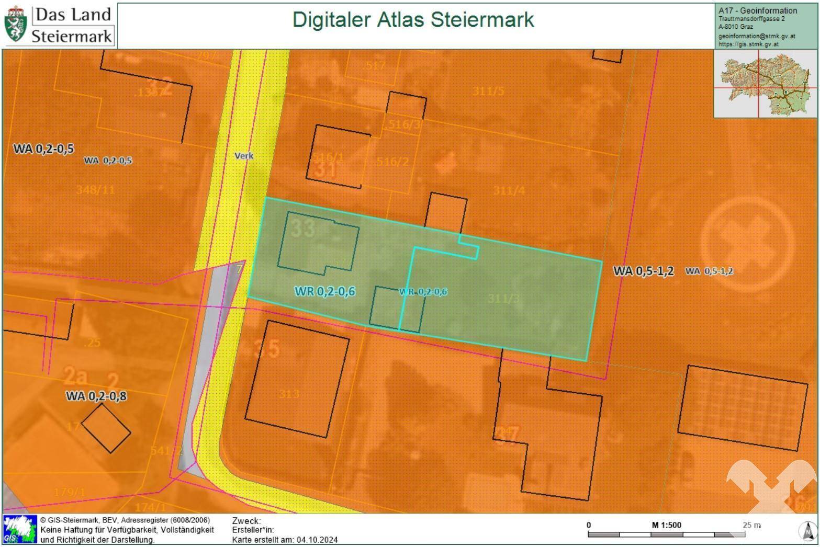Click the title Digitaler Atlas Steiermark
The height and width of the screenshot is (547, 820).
pos(413,20)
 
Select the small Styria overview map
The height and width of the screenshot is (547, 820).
pos(765,84)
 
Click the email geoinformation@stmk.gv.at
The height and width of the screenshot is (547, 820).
pos(756,36)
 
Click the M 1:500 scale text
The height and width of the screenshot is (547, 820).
pos(666,525)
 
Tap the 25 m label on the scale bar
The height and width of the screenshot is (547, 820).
pos(751,525)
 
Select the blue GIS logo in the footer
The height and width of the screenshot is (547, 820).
pos(20,529)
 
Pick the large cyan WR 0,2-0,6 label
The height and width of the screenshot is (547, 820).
pos(325,291)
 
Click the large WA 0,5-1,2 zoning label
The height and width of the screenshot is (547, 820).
pos(643,271)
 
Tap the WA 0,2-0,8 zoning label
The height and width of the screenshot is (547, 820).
pos(96,396)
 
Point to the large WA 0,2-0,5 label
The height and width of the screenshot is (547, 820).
pos(43,149)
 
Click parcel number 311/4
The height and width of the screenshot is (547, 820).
pos(509,191)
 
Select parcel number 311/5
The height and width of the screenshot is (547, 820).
pos(488,91)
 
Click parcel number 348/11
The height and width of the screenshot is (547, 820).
pos(95,189)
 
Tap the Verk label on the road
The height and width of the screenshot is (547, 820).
pos(244,155)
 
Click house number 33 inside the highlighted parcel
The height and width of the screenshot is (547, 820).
pos(303,228)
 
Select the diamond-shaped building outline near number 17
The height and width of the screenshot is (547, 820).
pos(106,428)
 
